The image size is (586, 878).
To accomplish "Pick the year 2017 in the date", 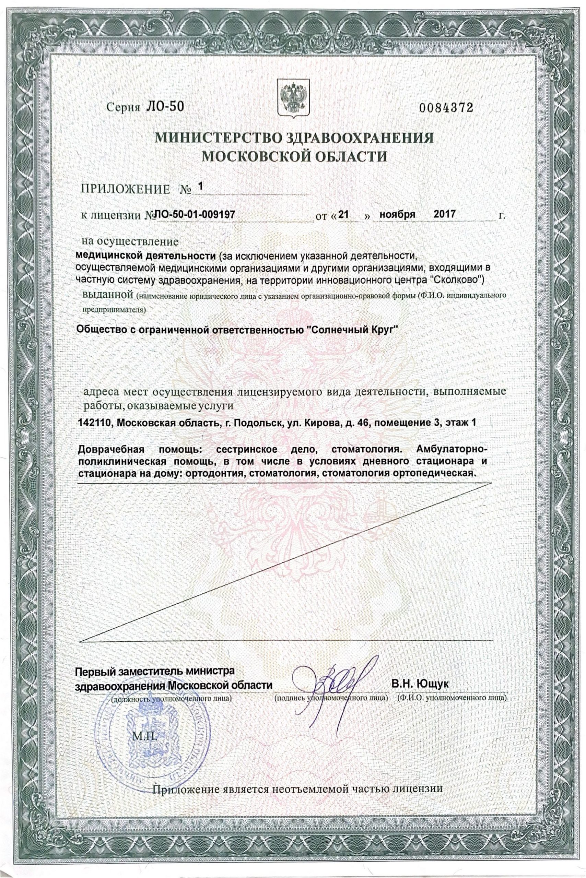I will click(444, 214).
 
